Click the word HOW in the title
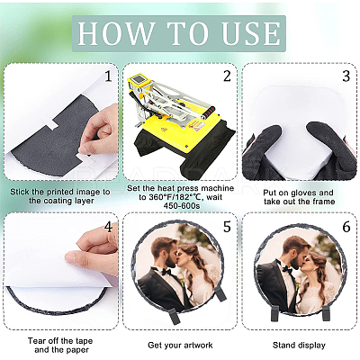coord(115,33)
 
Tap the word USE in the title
coord(251,33)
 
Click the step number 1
coord(108,76)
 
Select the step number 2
coord(227,76)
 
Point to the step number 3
coord(346,76)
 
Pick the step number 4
coord(108,227)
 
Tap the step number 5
coord(227,227)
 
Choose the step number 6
coord(346,227)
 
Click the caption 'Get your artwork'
coord(180,345)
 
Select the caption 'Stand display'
coord(299,345)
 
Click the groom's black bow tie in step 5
coord(166,272)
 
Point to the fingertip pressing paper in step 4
coord(69,257)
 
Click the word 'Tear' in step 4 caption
coord(37,341)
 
